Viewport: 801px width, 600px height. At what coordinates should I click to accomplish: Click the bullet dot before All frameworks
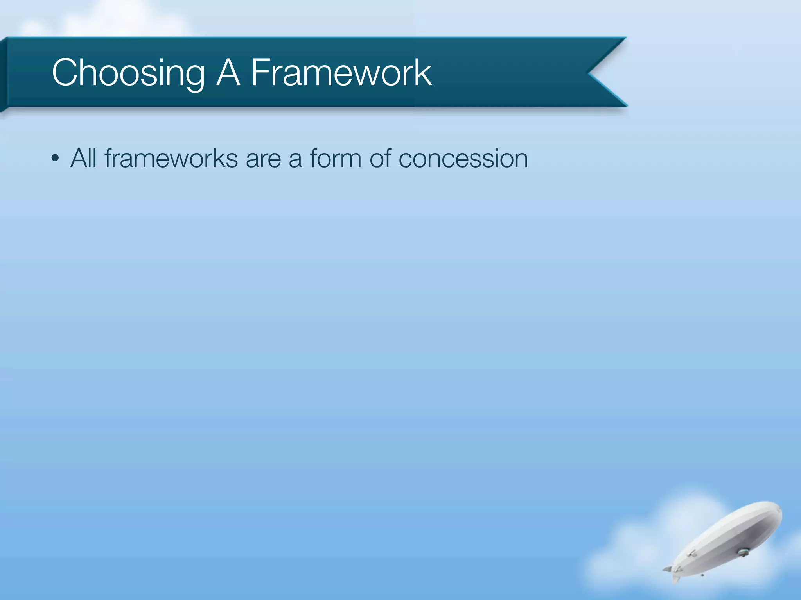55,159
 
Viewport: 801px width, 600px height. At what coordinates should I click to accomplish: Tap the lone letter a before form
295,159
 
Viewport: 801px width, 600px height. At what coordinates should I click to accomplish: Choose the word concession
463,159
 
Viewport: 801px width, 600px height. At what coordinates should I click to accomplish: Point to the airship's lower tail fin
675,579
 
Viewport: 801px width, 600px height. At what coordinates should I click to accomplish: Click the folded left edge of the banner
3,74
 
